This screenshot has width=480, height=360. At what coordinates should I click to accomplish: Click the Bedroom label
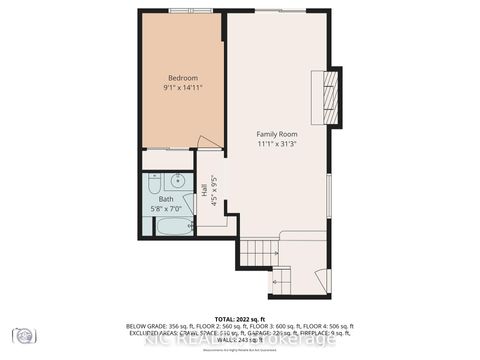point(182,78)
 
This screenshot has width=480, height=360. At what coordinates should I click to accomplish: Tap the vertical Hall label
point(204,191)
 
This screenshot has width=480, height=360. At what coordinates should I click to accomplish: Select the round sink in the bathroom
point(178,182)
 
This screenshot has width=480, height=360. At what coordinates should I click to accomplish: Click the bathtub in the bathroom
point(173,226)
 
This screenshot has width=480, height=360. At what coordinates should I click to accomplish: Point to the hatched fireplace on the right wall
point(335,96)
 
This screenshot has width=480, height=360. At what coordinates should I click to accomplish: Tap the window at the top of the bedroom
point(191,11)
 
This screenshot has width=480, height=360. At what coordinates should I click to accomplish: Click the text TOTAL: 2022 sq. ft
point(240,317)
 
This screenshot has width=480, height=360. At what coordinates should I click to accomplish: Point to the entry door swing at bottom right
point(318,281)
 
